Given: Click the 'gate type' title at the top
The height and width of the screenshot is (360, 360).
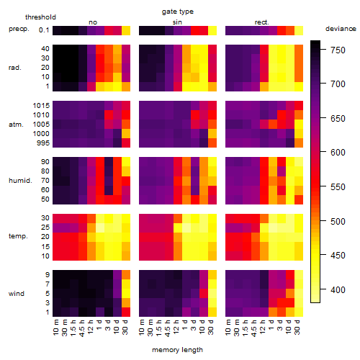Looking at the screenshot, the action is pos(178,12).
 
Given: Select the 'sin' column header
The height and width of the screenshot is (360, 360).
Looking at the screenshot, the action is pos(177,22).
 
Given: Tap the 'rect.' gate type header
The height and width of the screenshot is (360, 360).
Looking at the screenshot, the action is pos(261,22).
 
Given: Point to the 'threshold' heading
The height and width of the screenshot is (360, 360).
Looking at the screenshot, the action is pos(40,17).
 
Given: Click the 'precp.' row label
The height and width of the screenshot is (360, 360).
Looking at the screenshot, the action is pos(19,29).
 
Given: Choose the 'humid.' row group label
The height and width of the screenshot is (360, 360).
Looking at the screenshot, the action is pos(20,181).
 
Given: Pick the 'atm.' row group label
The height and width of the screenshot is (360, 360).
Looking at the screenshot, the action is pos(16,125).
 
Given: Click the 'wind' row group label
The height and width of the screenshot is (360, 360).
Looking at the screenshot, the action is pos(17,294).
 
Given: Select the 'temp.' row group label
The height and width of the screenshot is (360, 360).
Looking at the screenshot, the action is pos(18,236).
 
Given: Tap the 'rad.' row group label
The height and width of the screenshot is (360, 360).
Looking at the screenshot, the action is pos(15,68).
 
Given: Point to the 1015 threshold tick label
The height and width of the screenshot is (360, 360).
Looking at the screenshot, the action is pos(41,106).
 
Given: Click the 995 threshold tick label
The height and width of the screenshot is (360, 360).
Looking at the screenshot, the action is pos(43,143).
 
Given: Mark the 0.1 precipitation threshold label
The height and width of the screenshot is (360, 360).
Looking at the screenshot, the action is pos(44,30).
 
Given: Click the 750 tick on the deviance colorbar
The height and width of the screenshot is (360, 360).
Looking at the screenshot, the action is pos(338,50).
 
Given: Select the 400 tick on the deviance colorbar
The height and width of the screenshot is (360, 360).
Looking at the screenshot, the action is pos(338,290).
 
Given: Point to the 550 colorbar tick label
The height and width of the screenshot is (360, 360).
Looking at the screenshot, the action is pos(338,187).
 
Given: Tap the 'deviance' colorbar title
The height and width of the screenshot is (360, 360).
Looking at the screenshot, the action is pos(341,29).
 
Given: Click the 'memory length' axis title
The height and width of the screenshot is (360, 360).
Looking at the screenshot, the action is pos(178,350).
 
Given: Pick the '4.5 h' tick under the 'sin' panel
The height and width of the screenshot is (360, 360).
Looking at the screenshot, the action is pos(168,328).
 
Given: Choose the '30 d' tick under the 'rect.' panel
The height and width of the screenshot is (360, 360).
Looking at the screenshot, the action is pos(297,327).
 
